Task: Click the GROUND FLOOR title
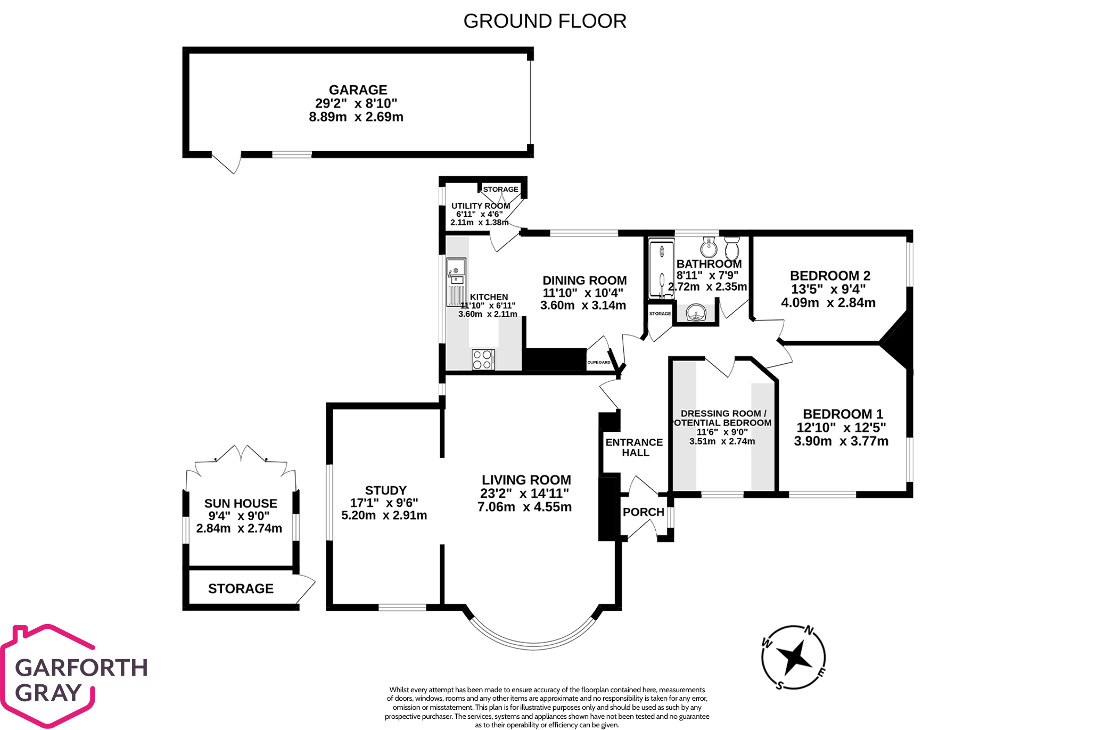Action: (x=545, y=21)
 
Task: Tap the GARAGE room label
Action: (x=358, y=90)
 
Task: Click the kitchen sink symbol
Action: (x=456, y=276)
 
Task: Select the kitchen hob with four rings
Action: (x=483, y=359)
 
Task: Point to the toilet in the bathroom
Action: (x=732, y=247)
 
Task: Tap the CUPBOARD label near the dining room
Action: (x=599, y=362)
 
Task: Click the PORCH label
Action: (x=643, y=512)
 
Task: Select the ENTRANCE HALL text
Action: (x=635, y=447)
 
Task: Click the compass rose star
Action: (x=793, y=657)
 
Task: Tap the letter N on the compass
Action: (x=809, y=631)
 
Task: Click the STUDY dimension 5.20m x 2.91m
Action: (x=384, y=515)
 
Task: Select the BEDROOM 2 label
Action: (x=829, y=276)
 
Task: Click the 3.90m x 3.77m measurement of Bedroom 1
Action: (x=841, y=441)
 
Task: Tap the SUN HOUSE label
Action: (x=241, y=504)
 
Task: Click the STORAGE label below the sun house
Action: (x=241, y=588)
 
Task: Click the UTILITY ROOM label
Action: (x=481, y=206)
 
